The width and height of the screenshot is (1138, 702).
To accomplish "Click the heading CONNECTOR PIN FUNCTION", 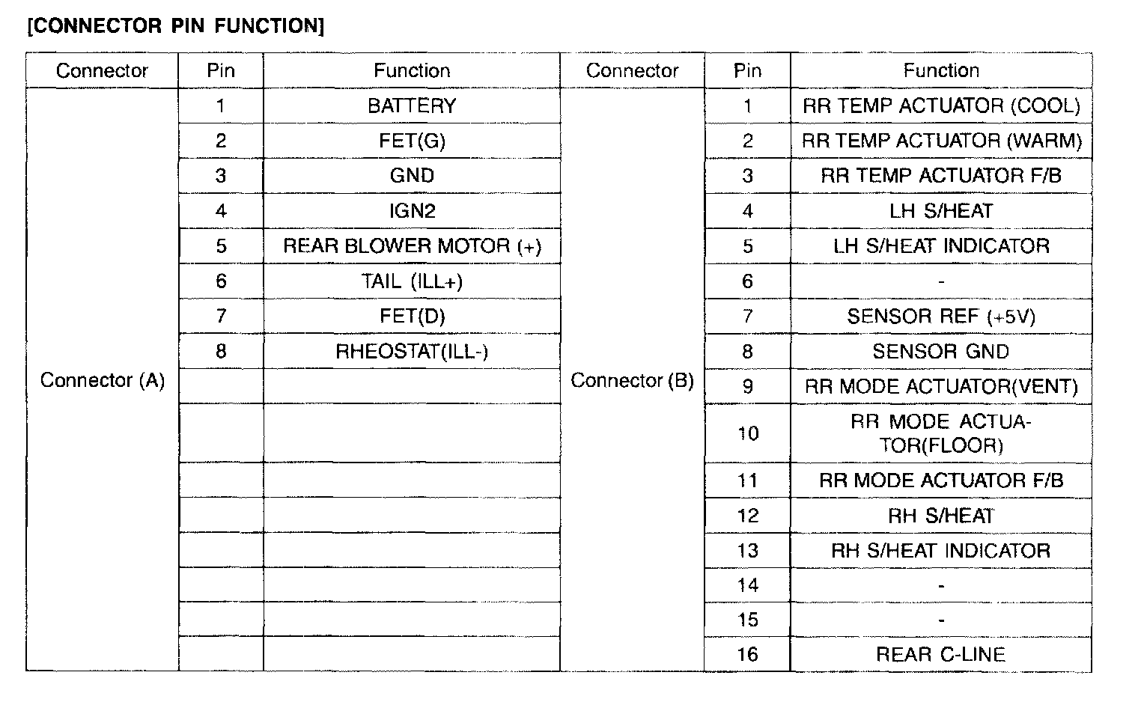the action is pos(176,26).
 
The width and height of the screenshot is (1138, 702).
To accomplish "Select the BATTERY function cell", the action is pos(412,106).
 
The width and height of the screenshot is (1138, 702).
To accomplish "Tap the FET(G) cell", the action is pos(412,141).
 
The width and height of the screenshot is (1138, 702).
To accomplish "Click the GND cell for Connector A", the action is pos(412,176).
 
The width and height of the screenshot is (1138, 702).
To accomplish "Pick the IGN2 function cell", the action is pos(412,211).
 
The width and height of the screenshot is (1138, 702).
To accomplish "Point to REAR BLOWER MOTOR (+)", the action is pos(412,246).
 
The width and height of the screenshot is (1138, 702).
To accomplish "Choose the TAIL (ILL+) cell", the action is pos(412,281).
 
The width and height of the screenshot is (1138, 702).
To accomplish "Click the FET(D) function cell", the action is pos(412,316).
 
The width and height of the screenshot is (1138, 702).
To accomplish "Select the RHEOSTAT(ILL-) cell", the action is pos(412,351).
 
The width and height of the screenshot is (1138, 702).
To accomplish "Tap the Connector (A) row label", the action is pos(103,380).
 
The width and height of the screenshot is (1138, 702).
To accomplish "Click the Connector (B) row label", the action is pos(632,380).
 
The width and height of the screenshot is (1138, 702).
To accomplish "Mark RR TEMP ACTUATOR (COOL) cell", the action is pos(941,106).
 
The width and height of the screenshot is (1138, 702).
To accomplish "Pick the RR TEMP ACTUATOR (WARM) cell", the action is pos(941,141).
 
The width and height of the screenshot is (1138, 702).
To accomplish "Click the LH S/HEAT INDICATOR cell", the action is pos(941,246).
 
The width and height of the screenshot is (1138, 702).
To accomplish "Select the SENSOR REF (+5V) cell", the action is pos(941,317).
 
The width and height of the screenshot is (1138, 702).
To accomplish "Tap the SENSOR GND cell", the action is pos(941,352).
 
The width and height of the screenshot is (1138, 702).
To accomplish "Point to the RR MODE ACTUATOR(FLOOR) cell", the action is pos(941,433).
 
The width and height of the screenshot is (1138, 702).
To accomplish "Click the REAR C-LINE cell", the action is pos(941,655).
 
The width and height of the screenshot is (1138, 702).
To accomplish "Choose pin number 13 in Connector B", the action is pos(747,551).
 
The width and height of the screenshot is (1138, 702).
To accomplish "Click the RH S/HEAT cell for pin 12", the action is pos(941,516).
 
